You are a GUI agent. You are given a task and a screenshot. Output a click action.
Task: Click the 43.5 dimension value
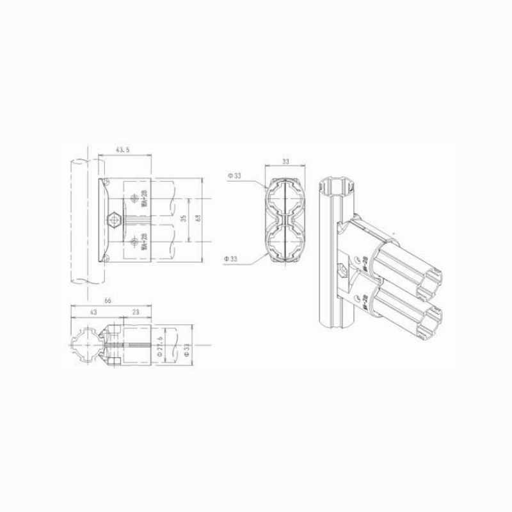point(122,149)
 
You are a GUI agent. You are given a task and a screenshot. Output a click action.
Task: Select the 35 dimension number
point(183,219)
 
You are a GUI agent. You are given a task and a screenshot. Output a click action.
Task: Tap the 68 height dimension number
point(197,219)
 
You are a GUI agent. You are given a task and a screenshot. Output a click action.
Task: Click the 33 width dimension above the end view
point(286,162)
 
